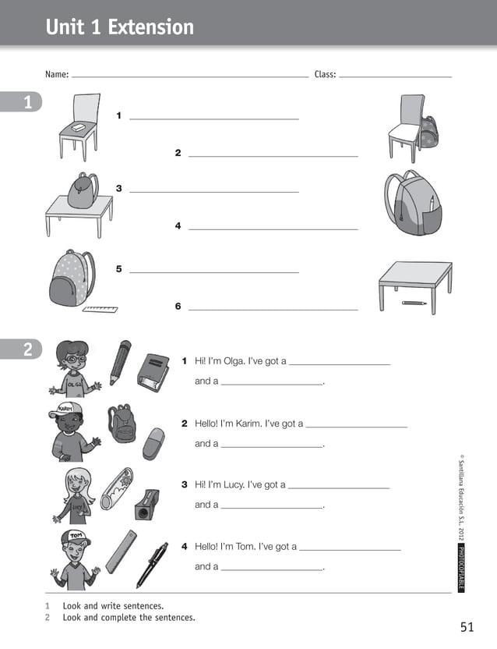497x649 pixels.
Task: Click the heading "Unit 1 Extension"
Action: coord(119,27)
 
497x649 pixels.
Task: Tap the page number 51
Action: coord(467,626)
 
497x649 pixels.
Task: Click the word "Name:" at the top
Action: coord(57,75)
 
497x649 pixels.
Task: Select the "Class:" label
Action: coord(325,75)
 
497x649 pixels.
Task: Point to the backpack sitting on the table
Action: coord(83,190)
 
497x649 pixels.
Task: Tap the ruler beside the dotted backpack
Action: coord(100,310)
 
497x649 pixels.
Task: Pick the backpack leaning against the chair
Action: coord(428,133)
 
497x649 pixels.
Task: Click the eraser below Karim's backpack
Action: coord(154,443)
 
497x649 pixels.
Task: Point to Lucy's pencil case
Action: coord(117,488)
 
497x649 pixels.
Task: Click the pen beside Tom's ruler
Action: coord(152,565)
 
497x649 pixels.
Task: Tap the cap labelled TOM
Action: coord(74,537)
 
